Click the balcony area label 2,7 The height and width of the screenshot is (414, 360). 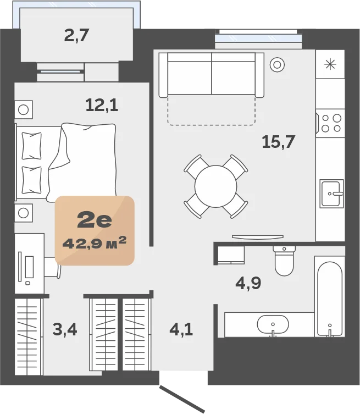pyautogui.click(x=76, y=36)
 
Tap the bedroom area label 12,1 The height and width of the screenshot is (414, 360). pyautogui.click(x=102, y=105)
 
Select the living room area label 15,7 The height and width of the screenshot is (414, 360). pyautogui.click(x=278, y=142)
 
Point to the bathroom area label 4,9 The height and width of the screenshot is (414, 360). pyautogui.click(x=248, y=283)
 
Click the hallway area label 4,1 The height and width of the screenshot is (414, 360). pyautogui.click(x=181, y=329)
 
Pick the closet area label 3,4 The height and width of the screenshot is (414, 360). pyautogui.click(x=65, y=329)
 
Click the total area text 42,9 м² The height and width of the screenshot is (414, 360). pyautogui.click(x=95, y=242)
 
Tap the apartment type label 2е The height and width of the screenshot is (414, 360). pyautogui.click(x=95, y=220)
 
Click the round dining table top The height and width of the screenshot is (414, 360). pyautogui.click(x=215, y=186)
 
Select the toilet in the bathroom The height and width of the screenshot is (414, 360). pyautogui.click(x=284, y=261)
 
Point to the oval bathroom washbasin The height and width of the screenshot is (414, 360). pyautogui.click(x=273, y=324)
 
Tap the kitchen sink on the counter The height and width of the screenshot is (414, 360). pyautogui.click(x=331, y=194)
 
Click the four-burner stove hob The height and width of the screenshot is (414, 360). pyautogui.click(x=330, y=123)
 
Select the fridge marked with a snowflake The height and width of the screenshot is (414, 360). pyautogui.click(x=330, y=64)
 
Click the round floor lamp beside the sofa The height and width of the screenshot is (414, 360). pyautogui.click(x=277, y=64)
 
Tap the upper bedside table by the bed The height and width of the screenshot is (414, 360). pyautogui.click(x=24, y=109)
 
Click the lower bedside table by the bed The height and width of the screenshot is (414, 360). pyautogui.click(x=24, y=213)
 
